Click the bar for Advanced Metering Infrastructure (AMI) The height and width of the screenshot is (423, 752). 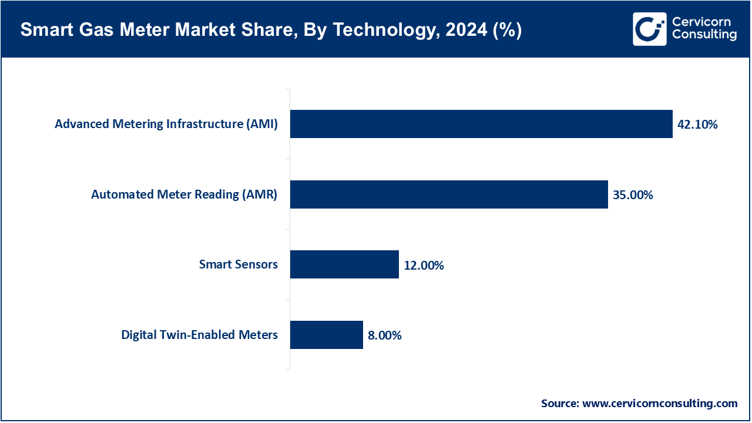(481, 124)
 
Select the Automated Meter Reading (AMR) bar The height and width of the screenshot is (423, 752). (448, 194)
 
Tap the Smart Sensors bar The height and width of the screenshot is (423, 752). (344, 264)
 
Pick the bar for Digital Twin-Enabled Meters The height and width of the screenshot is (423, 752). (326, 335)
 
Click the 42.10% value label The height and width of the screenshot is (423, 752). (697, 125)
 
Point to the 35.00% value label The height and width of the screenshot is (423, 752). (633, 195)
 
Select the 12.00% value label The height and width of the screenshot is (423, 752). (424, 266)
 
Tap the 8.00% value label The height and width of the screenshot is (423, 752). (385, 335)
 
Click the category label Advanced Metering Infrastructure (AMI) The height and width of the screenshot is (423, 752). (166, 124)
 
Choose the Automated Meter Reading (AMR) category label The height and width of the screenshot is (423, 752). (184, 194)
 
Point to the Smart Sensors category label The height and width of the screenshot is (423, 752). (238, 264)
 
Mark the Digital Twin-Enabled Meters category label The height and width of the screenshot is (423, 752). (199, 335)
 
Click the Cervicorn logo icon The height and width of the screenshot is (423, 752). (650, 29)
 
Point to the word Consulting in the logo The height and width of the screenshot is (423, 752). (704, 35)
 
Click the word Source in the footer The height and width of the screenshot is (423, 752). (559, 404)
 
